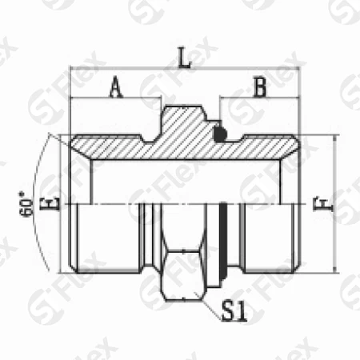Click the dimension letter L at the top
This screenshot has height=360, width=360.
coord(184,58)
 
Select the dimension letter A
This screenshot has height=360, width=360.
coord(115,89)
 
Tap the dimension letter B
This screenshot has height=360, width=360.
coord(258,88)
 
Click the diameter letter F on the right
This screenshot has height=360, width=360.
coord(322,205)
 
